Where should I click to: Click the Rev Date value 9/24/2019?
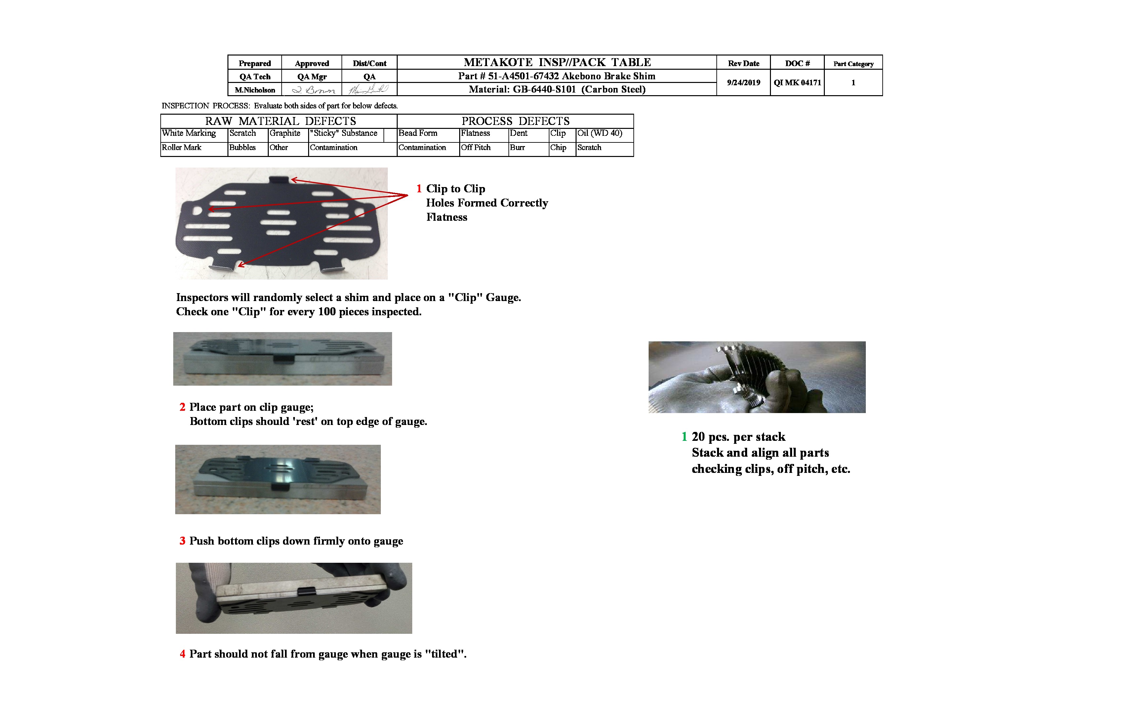click(x=743, y=83)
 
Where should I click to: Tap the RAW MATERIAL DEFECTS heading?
click(x=281, y=121)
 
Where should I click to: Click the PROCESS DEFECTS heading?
click(x=515, y=121)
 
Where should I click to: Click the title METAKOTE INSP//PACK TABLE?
click(x=557, y=62)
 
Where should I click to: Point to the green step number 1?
click(x=684, y=437)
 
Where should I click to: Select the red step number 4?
click(x=182, y=654)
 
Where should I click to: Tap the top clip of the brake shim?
click(x=279, y=180)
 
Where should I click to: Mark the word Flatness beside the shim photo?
click(x=447, y=218)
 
